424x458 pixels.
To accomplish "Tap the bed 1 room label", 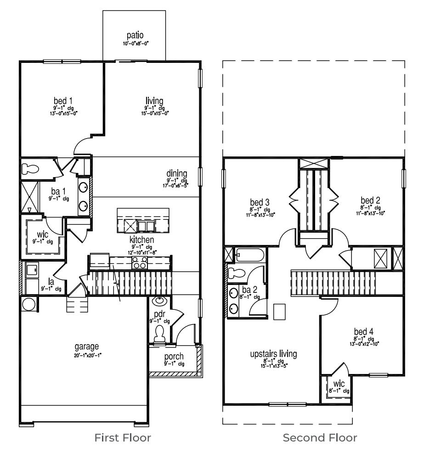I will (63, 100).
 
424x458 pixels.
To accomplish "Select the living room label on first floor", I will (154, 100).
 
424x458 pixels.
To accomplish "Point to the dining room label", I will (177, 173).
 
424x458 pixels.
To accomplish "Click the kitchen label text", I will (141, 240).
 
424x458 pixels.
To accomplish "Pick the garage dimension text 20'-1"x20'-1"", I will (87, 354).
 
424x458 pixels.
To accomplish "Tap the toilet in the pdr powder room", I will (159, 333).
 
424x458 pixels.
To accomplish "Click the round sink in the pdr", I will (159, 301).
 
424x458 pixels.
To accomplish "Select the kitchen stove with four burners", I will (139, 262).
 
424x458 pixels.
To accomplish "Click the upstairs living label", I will (273, 354).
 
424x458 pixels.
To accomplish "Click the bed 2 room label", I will (370, 201).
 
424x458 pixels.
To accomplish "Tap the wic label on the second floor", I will (339, 384).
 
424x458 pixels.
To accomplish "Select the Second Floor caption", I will (320, 438).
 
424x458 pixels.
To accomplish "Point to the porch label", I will (174, 357).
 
